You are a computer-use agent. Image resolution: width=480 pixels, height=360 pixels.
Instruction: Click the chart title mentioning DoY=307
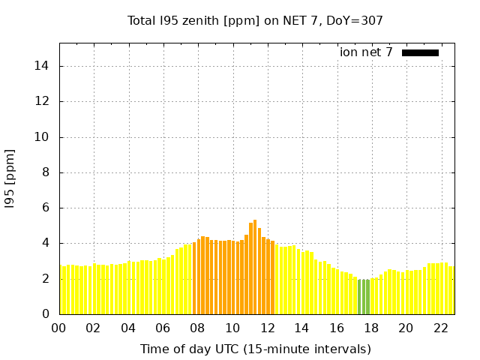coord(255,20)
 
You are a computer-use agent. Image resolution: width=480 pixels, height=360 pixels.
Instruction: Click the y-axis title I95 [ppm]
coord(10,178)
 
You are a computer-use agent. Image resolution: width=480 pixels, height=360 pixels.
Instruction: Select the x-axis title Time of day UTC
coord(255,349)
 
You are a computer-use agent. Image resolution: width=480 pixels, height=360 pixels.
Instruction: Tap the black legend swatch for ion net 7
coord(420,52)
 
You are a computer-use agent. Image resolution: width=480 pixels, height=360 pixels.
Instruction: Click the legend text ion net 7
coord(366,52)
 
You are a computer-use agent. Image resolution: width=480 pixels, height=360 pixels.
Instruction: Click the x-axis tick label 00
coord(59,328)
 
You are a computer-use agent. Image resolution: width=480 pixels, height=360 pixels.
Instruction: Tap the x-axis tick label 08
coord(198,328)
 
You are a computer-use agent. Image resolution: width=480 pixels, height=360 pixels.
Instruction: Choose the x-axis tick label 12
coord(267,328)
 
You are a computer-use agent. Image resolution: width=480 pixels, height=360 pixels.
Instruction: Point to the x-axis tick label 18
coord(371,328)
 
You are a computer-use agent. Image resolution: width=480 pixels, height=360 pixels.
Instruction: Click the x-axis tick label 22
coord(441,328)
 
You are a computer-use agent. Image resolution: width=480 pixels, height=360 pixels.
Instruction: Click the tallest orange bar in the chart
coord(255,266)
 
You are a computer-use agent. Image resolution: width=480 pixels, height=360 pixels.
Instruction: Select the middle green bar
coord(364,297)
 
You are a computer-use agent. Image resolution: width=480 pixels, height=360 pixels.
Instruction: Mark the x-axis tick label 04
coord(128,328)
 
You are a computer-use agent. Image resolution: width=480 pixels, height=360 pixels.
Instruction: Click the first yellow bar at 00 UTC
coord(61,289)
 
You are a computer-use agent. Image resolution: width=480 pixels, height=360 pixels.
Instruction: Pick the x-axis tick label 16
coord(337,328)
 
